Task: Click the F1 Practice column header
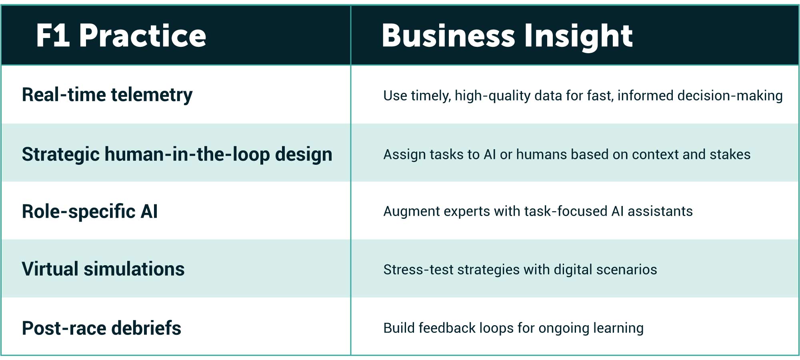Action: coord(121,36)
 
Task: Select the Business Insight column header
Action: coord(507,36)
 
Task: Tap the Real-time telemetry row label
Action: coord(107,95)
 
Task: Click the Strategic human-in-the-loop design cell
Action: coord(177,154)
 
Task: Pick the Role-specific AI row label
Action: coord(90,211)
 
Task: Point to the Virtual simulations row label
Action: coord(103,269)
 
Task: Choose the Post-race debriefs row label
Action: coord(101,328)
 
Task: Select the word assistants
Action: coord(660,211)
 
